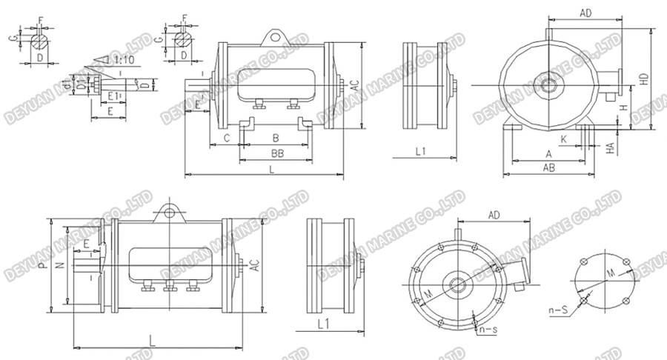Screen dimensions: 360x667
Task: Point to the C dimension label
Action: [227, 138]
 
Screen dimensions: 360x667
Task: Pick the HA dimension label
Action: [610, 149]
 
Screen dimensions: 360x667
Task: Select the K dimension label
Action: [563, 139]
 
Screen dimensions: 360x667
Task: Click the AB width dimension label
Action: [549, 168]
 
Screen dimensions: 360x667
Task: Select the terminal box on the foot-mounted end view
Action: [609, 84]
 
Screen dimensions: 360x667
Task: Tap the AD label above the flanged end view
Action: [494, 215]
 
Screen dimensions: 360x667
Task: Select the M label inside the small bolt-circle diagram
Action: [610, 274]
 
